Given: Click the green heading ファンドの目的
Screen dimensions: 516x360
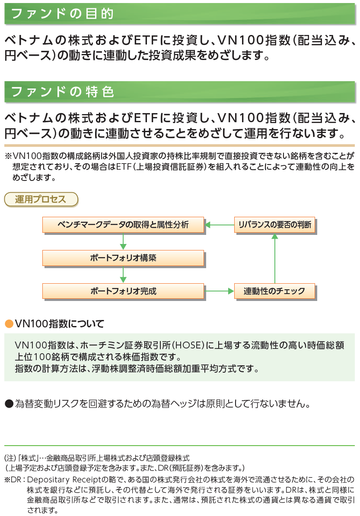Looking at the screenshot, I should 62,14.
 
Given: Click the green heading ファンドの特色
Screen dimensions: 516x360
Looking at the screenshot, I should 62,92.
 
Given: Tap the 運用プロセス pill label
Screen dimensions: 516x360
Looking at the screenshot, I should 41,199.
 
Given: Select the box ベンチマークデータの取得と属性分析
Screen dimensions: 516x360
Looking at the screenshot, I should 123,225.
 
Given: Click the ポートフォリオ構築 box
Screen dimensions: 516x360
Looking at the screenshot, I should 123,258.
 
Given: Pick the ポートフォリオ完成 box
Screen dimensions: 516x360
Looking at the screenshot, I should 123,291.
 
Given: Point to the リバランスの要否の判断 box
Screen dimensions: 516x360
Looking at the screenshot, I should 274,225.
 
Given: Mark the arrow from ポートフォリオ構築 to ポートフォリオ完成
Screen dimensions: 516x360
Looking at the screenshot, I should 123,275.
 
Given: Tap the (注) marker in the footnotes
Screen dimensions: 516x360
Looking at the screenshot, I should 10,457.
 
